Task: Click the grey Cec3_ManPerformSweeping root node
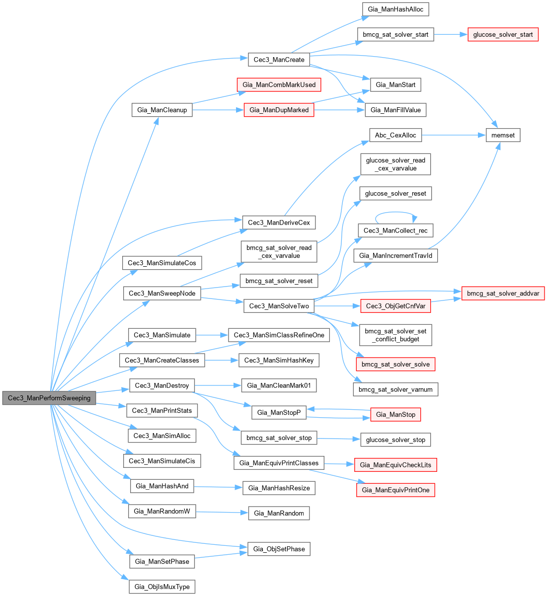[x=49, y=398]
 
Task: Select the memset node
[x=503, y=135]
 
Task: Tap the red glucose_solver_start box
[x=503, y=35]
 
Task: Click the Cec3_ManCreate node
[x=278, y=60]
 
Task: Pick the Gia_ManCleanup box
[x=162, y=110]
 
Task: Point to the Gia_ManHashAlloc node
[x=395, y=9]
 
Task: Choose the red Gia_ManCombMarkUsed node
[x=279, y=85]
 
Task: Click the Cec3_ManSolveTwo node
[x=279, y=306]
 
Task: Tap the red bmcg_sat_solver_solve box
[x=395, y=364]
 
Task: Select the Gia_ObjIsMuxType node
[x=162, y=587]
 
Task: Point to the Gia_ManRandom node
[x=279, y=513]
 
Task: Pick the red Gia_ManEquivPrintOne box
[x=395, y=490]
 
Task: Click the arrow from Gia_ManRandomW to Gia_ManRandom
[x=222, y=512]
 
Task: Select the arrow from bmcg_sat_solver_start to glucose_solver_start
[x=451, y=35]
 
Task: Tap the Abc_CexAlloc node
[x=395, y=135]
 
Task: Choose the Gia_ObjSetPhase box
[x=279, y=549]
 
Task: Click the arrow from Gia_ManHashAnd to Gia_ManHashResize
[x=218, y=487]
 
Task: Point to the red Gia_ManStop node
[x=395, y=414]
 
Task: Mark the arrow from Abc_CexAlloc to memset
[x=454, y=135]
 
